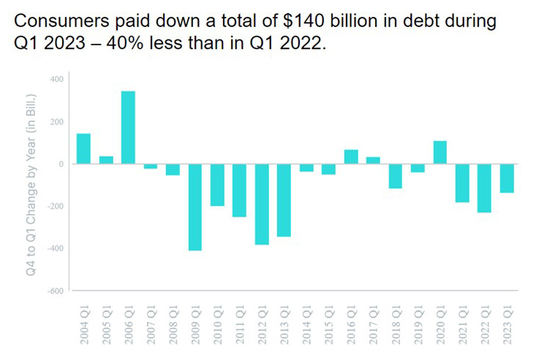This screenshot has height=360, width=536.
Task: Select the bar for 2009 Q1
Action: [x=195, y=207]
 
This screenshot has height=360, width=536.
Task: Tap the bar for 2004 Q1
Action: [x=83, y=149]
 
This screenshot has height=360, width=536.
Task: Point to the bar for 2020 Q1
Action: [x=441, y=152]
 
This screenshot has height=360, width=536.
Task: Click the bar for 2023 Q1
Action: [x=507, y=179]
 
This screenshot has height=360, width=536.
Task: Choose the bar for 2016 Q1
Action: [x=351, y=157]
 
